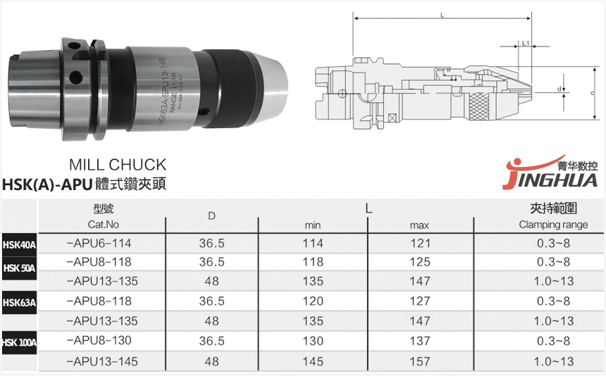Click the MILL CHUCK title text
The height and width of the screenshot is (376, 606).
pyautogui.click(x=118, y=165)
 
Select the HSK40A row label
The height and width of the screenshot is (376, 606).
pyautogui.click(x=19, y=245)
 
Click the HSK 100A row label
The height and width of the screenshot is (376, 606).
pyautogui.click(x=19, y=342)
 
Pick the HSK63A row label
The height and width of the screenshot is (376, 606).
pyautogui.click(x=19, y=303)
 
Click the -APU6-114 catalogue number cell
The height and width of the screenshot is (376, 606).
pyautogui.click(x=99, y=243)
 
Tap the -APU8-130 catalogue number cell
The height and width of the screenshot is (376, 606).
pyautogui.click(x=99, y=341)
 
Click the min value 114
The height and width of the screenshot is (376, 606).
pyautogui.click(x=312, y=243)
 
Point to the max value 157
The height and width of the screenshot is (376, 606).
pyautogui.click(x=420, y=361)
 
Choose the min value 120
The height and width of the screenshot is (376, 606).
pyautogui.click(x=312, y=302)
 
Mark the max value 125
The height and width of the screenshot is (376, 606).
pyautogui.click(x=420, y=263)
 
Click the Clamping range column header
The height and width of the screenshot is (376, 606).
pyautogui.click(x=553, y=225)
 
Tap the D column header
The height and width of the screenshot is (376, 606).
pyautogui.click(x=211, y=215)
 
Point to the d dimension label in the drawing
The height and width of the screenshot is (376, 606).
pyautogui.click(x=559, y=89)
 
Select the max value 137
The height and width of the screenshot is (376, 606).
pyautogui.click(x=420, y=341)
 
